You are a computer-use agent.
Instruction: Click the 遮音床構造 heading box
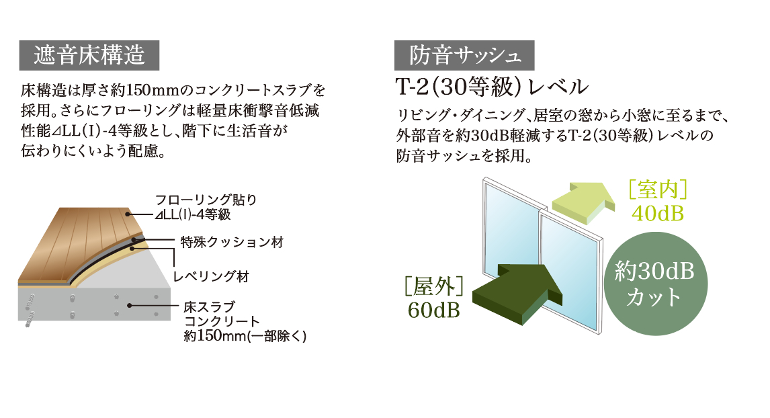coord(89,55)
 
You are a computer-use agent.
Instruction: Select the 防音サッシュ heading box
coord(464,55)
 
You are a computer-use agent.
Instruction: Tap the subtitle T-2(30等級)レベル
coord(492,87)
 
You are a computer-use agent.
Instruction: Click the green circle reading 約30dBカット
coord(656,284)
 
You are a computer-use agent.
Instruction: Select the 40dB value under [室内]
coord(658,214)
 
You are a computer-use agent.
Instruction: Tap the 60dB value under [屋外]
coord(433,310)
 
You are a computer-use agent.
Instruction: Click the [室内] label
coord(658,190)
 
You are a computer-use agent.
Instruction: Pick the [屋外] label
coord(433,286)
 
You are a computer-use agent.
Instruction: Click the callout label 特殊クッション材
coord(232,242)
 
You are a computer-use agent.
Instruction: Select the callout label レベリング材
coord(212,276)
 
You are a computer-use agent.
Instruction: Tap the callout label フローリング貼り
coord(206,200)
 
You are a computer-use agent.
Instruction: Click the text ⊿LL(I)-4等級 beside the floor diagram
coord(192,214)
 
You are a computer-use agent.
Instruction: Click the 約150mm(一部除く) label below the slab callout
coord(245,337)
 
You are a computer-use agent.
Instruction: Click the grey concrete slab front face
coord(94,304)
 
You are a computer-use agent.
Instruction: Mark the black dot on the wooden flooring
coord(128,214)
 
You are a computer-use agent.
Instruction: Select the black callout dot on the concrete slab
coord(130,306)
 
